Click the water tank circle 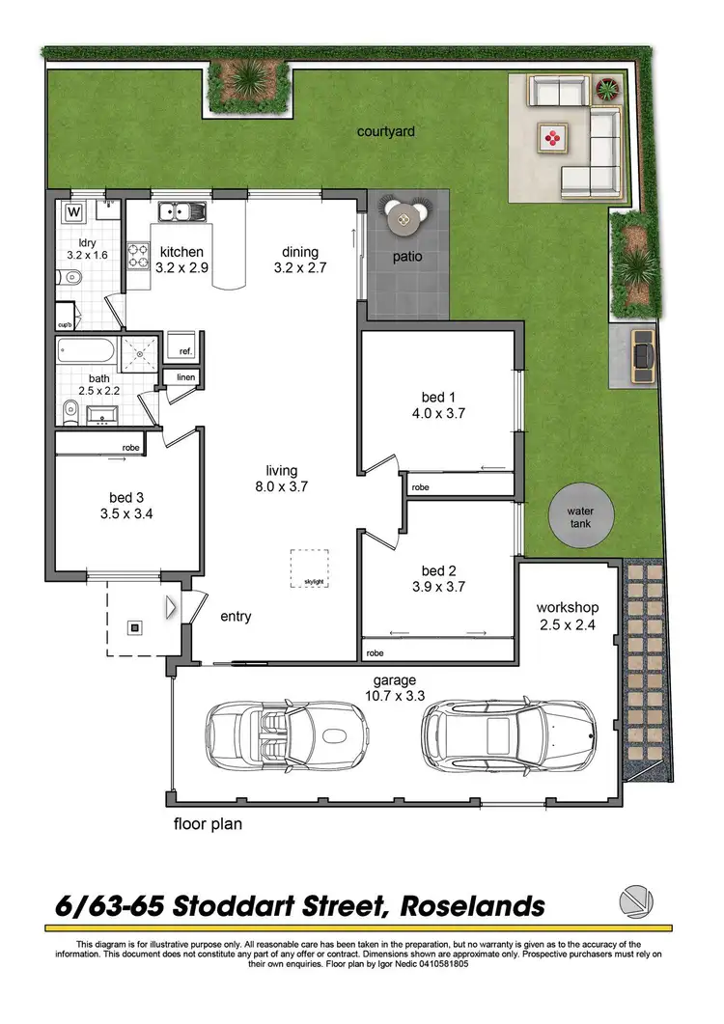(579, 517)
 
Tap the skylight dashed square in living (309, 567)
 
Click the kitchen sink (180, 209)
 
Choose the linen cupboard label (185, 377)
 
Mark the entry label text (236, 616)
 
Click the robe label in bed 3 (132, 448)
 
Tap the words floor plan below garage (208, 825)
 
